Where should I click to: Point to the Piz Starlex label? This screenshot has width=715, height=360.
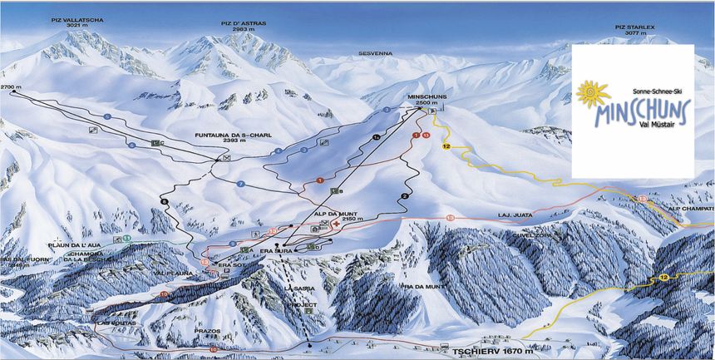pyautogui.click(x=634, y=27)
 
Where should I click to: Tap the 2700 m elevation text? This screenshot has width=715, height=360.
pyautogui.click(x=11, y=86)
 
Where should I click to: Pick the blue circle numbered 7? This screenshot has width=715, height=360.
pyautogui.click(x=239, y=183)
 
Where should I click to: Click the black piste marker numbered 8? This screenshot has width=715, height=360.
pyautogui.click(x=164, y=201)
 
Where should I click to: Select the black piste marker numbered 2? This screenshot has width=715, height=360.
pyautogui.click(x=404, y=195)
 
